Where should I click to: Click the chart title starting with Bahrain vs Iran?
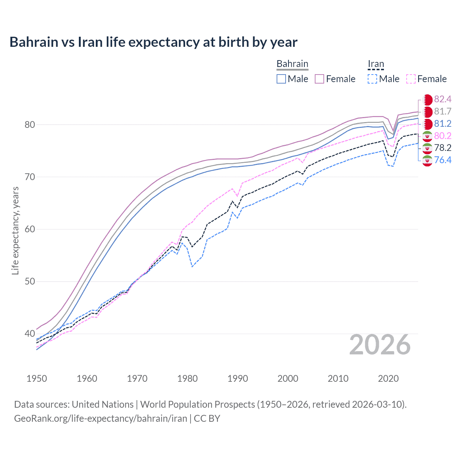153,42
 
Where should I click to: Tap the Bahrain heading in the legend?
292,64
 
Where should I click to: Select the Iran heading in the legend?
376,64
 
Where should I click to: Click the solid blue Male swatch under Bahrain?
281,79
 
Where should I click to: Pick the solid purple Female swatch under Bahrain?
319,79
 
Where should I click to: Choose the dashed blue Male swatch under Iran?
372,79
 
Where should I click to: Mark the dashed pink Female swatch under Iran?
411,79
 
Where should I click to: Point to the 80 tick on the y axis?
30,125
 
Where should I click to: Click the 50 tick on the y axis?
30,281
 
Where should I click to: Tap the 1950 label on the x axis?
37,379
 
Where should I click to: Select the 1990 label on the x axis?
238,379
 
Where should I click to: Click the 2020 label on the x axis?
388,379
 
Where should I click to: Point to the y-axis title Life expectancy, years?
15,230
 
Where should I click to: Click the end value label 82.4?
443,99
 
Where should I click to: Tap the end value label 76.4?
443,160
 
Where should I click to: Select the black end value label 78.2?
443,148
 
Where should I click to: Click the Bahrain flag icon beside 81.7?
428,112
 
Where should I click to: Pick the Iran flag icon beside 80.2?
427,136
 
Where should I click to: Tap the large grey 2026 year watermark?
380,345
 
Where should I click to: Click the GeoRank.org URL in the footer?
100,419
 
